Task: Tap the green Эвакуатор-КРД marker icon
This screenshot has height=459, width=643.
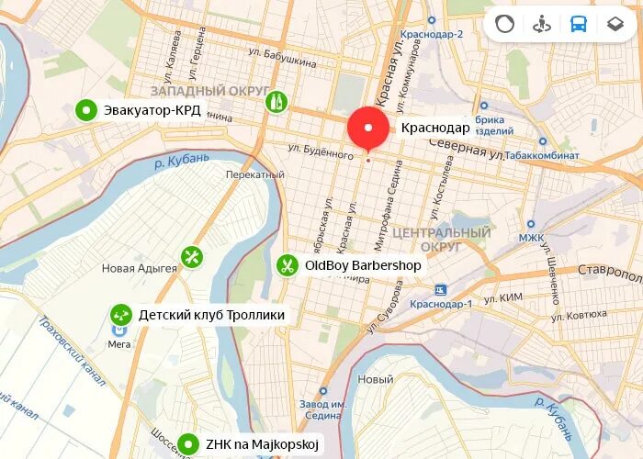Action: pyautogui.click(x=85, y=110)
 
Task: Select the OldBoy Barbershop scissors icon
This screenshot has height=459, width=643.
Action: pyautogui.click(x=288, y=265)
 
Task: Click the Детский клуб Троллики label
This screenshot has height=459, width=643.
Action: pyautogui.click(x=211, y=315)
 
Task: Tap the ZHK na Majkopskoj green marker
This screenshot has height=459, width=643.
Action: pyautogui.click(x=189, y=444)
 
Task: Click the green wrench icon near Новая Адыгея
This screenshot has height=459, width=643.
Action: pyautogui.click(x=191, y=257)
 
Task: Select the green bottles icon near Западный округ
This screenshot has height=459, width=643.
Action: pyautogui.click(x=273, y=101)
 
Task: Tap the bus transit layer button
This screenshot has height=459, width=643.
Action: pyautogui.click(x=578, y=25)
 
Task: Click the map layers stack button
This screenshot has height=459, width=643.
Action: pyautogui.click(x=615, y=25)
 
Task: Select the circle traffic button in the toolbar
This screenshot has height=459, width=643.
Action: pyautogui.click(x=504, y=25)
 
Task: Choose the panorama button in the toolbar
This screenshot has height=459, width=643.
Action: pyautogui.click(x=541, y=25)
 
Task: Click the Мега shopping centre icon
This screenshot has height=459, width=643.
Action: pyautogui.click(x=119, y=330)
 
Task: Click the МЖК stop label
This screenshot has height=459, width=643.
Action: pyautogui.click(x=531, y=238)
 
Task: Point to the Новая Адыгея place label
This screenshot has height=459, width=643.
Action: pyautogui.click(x=139, y=268)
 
